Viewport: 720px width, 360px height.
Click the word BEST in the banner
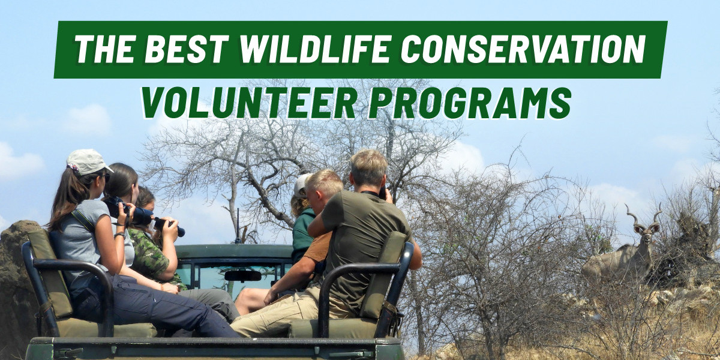point(189,49)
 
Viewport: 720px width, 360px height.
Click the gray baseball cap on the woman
point(87,161)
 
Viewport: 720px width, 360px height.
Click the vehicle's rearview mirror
point(242,275)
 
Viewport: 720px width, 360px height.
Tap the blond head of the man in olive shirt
point(368,167)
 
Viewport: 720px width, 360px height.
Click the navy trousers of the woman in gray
point(162,312)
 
